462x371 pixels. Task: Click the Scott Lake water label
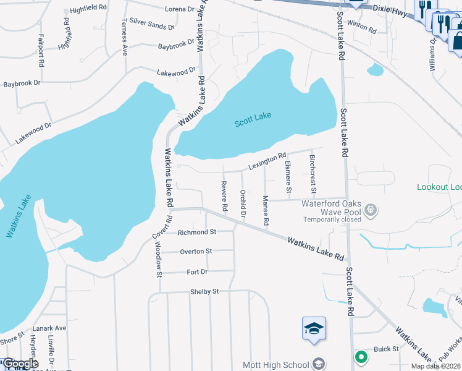pyautogui.click(x=253, y=119)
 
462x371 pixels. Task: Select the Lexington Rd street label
pyautogui.click(x=267, y=161)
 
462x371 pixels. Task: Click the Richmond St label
pyautogui.click(x=196, y=232)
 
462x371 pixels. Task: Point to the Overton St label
pyautogui.click(x=196, y=252)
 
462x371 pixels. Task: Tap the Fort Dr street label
pyautogui.click(x=197, y=271)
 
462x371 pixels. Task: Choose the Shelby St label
pyautogui.click(x=204, y=291)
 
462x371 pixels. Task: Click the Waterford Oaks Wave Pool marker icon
pyautogui.click(x=370, y=210)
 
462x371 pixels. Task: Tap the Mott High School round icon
pyautogui.click(x=319, y=363)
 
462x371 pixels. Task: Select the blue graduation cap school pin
pyautogui.click(x=314, y=328)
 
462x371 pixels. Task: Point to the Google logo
pyautogui.click(x=20, y=364)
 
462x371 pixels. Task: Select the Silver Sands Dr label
pyautogui.click(x=152, y=27)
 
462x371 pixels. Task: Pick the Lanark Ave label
pyautogui.click(x=51, y=328)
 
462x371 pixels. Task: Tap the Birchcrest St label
pyautogui.click(x=312, y=168)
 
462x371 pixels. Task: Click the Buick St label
pyautogui.click(x=387, y=349)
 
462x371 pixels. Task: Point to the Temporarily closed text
pyautogui.click(x=333, y=220)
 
